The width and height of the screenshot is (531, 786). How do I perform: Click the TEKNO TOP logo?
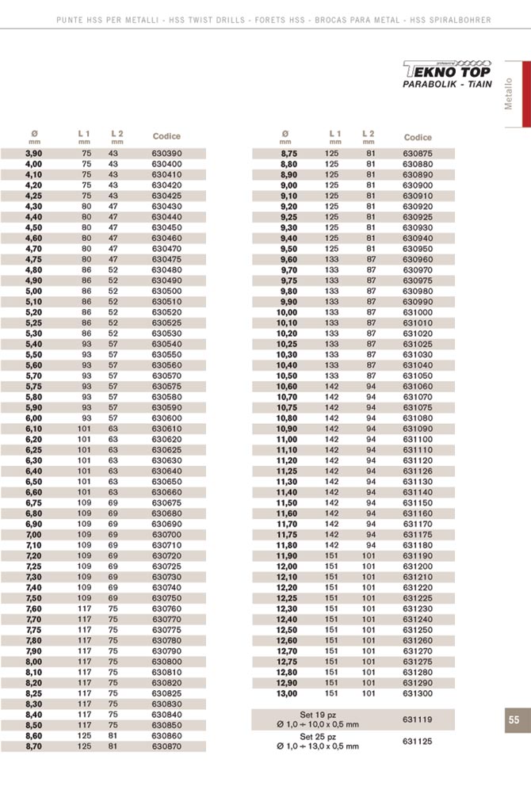(447, 69)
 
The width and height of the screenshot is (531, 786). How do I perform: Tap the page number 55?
(514, 719)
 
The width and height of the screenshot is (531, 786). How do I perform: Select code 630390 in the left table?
(167, 154)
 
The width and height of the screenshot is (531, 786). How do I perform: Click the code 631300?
(418, 693)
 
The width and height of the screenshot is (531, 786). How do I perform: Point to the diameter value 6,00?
(33, 418)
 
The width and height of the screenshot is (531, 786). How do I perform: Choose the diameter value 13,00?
(286, 693)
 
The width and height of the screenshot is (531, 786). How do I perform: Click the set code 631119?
(416, 719)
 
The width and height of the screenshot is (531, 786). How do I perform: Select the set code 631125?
(416, 742)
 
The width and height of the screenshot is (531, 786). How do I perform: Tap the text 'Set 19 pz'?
(317, 714)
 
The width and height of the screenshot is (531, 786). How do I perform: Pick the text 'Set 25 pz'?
(317, 736)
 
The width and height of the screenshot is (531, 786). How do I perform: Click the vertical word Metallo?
(510, 93)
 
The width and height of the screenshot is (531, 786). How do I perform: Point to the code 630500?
(167, 291)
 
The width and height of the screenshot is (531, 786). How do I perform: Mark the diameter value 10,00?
(286, 312)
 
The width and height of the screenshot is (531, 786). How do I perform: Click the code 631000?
(418, 312)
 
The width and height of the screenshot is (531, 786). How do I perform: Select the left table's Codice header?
(166, 136)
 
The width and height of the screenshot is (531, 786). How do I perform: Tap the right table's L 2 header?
(369, 136)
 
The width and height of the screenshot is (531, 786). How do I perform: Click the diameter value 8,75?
(288, 154)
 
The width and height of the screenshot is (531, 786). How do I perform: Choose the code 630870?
(167, 746)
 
